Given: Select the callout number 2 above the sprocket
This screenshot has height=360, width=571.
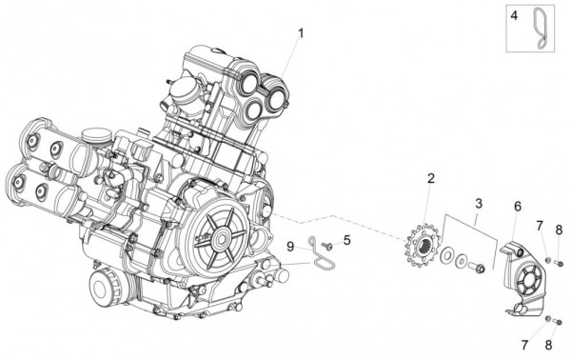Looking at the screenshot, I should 430,178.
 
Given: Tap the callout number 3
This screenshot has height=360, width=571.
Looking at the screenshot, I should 479,203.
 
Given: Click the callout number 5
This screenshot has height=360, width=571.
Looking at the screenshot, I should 347,240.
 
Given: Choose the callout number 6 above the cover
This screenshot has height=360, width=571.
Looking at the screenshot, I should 518,206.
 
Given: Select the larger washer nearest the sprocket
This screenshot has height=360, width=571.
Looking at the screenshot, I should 445,254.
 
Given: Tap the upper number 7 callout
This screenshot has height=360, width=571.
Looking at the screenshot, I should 539,226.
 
